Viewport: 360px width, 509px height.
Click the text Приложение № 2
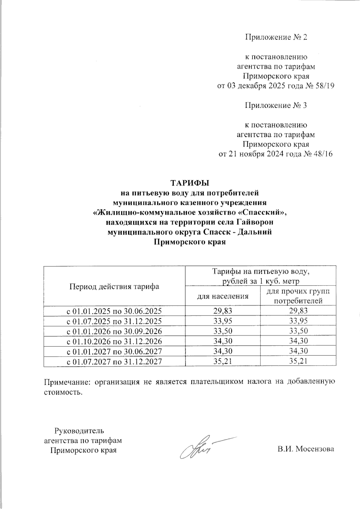pos(276,37)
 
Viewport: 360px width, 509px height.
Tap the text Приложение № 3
pos(276,106)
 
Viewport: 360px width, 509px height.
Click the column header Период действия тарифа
pos(114,286)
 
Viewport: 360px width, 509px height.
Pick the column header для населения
pos(223,296)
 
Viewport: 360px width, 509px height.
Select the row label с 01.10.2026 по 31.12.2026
pos(114,341)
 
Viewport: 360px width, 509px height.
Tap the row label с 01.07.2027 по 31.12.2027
pos(114,362)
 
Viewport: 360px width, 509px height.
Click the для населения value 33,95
pos(223,321)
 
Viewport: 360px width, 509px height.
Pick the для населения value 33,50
pos(223,331)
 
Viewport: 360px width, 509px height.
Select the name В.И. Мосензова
pos(305,449)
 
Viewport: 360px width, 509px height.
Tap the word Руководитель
pos(79,431)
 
